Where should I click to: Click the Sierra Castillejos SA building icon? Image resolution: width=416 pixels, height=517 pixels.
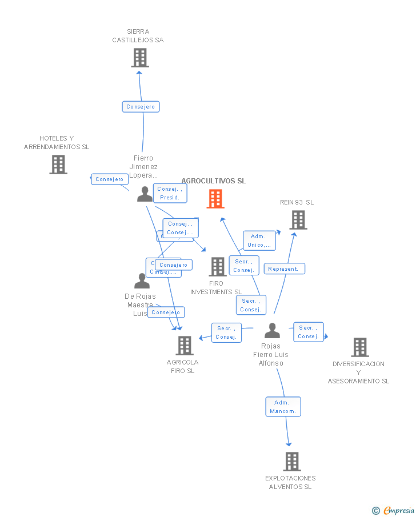coord(140,58)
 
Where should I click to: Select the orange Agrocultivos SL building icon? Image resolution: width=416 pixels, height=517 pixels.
coord(215,199)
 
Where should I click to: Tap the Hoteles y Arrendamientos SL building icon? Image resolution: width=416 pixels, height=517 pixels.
coord(58,165)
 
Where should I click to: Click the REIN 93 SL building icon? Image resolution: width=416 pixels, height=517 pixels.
coord(298,220)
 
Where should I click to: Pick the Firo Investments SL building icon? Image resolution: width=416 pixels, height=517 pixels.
coord(217,267)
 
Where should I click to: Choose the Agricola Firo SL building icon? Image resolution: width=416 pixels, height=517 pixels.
coord(184,346)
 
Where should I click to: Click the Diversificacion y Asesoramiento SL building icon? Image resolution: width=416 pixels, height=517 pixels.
coord(359,347)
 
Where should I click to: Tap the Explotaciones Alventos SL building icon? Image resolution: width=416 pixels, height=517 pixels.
coord(291,462)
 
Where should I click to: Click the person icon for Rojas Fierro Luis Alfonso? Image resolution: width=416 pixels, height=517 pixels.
coord(272,331)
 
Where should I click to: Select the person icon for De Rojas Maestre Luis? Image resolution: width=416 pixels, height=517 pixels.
coord(142,281)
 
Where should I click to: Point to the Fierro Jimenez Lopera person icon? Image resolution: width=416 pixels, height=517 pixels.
coord(145,194)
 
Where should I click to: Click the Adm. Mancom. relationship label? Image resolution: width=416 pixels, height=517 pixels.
coord(283,407)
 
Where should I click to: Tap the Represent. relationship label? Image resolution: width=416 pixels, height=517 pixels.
coord(284,268)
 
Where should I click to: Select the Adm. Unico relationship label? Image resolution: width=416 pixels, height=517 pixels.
coord(259,241)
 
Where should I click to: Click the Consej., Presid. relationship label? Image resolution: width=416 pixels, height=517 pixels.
coord(170,193)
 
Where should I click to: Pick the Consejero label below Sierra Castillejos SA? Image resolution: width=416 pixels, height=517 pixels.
coord(141,106)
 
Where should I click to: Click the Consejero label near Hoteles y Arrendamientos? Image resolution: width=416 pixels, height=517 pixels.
coord(110,179)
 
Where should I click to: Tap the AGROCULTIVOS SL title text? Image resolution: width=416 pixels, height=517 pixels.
coord(214,181)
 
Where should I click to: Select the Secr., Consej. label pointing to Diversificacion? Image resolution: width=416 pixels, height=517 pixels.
coord(309,332)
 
